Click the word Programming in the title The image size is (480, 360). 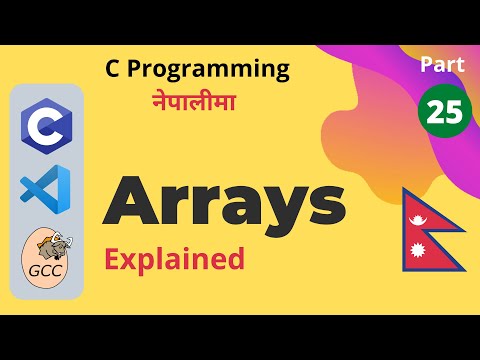pyautogui.click(x=209, y=70)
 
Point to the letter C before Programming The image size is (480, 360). pyautogui.click(x=114, y=69)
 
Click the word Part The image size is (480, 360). pyautogui.click(x=441, y=65)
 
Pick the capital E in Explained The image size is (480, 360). pyautogui.click(x=113, y=260)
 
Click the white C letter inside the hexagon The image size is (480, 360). pyautogui.click(x=44, y=126)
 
